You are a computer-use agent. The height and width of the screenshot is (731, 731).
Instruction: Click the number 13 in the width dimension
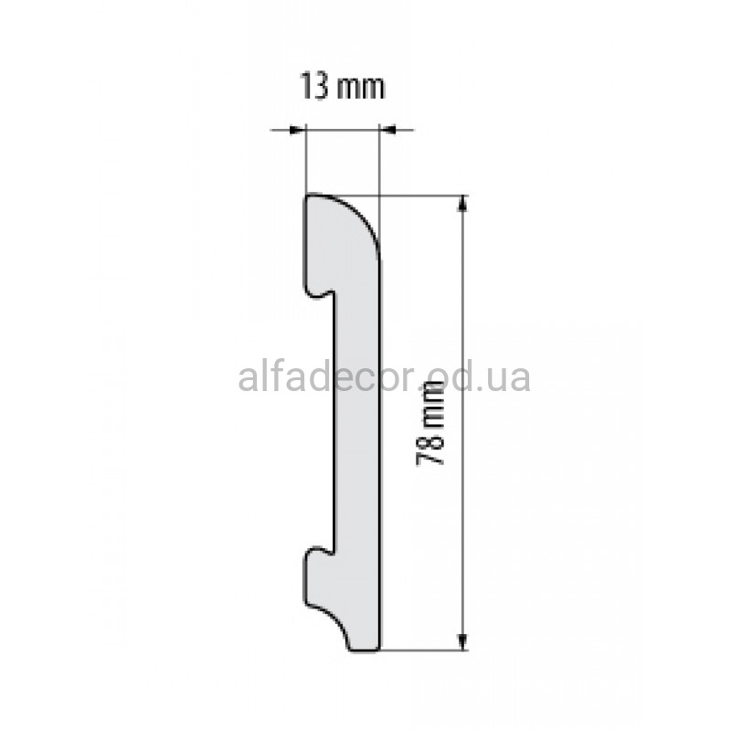(314, 87)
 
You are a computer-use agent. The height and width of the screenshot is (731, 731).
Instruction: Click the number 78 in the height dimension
(429, 449)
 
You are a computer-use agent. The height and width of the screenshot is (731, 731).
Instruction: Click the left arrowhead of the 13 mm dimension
(297, 130)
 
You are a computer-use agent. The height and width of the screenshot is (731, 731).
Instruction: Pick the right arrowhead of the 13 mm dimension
(387, 130)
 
